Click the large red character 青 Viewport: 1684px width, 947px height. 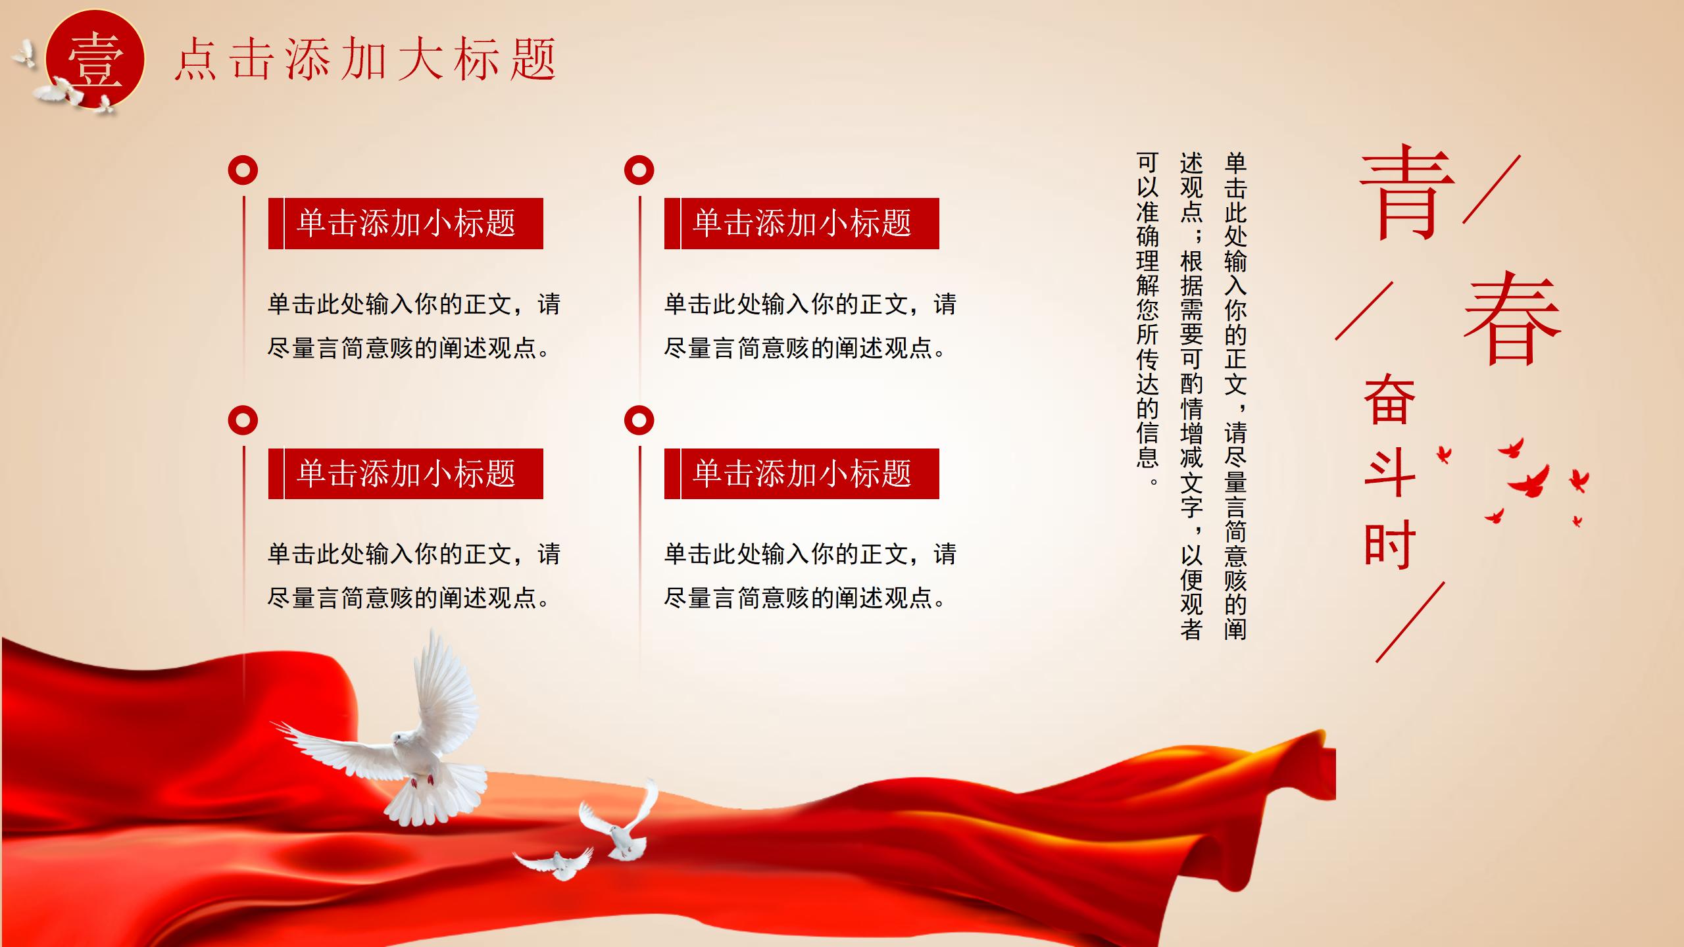(x=1406, y=192)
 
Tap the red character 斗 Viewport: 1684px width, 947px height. (x=1389, y=472)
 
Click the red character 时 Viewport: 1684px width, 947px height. (x=1389, y=544)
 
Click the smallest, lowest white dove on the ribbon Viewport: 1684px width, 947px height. (x=554, y=863)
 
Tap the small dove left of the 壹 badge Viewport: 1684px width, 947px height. (x=24, y=54)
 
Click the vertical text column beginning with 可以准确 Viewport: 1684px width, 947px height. (x=1148, y=318)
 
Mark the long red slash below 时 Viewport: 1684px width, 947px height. (x=1410, y=621)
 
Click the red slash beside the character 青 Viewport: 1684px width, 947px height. (x=1492, y=189)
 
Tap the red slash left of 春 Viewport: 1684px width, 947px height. (x=1364, y=311)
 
